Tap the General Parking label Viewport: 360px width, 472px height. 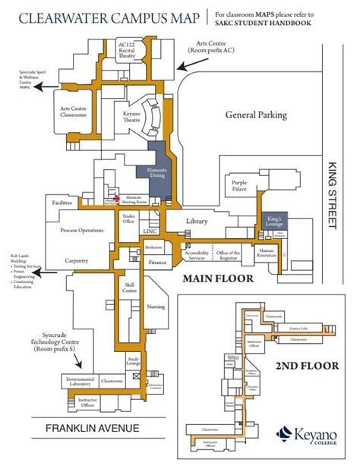(256, 115)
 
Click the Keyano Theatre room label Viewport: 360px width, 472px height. (132, 118)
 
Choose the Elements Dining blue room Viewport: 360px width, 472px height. (156, 171)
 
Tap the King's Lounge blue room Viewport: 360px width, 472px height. (274, 221)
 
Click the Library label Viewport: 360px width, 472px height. (196, 221)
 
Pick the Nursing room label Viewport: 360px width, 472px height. (155, 307)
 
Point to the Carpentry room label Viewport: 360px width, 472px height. (77, 261)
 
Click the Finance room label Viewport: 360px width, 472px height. (157, 263)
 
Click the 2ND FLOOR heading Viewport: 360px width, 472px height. (307, 366)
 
